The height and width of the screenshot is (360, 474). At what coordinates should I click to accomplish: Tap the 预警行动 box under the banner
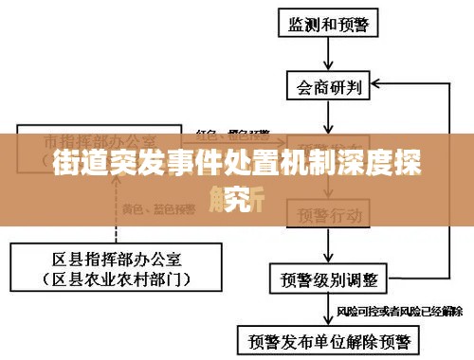[329, 215]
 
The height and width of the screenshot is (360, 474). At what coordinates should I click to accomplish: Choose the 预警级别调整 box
[329, 280]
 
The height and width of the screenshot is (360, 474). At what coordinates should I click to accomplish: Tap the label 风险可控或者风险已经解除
[399, 310]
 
